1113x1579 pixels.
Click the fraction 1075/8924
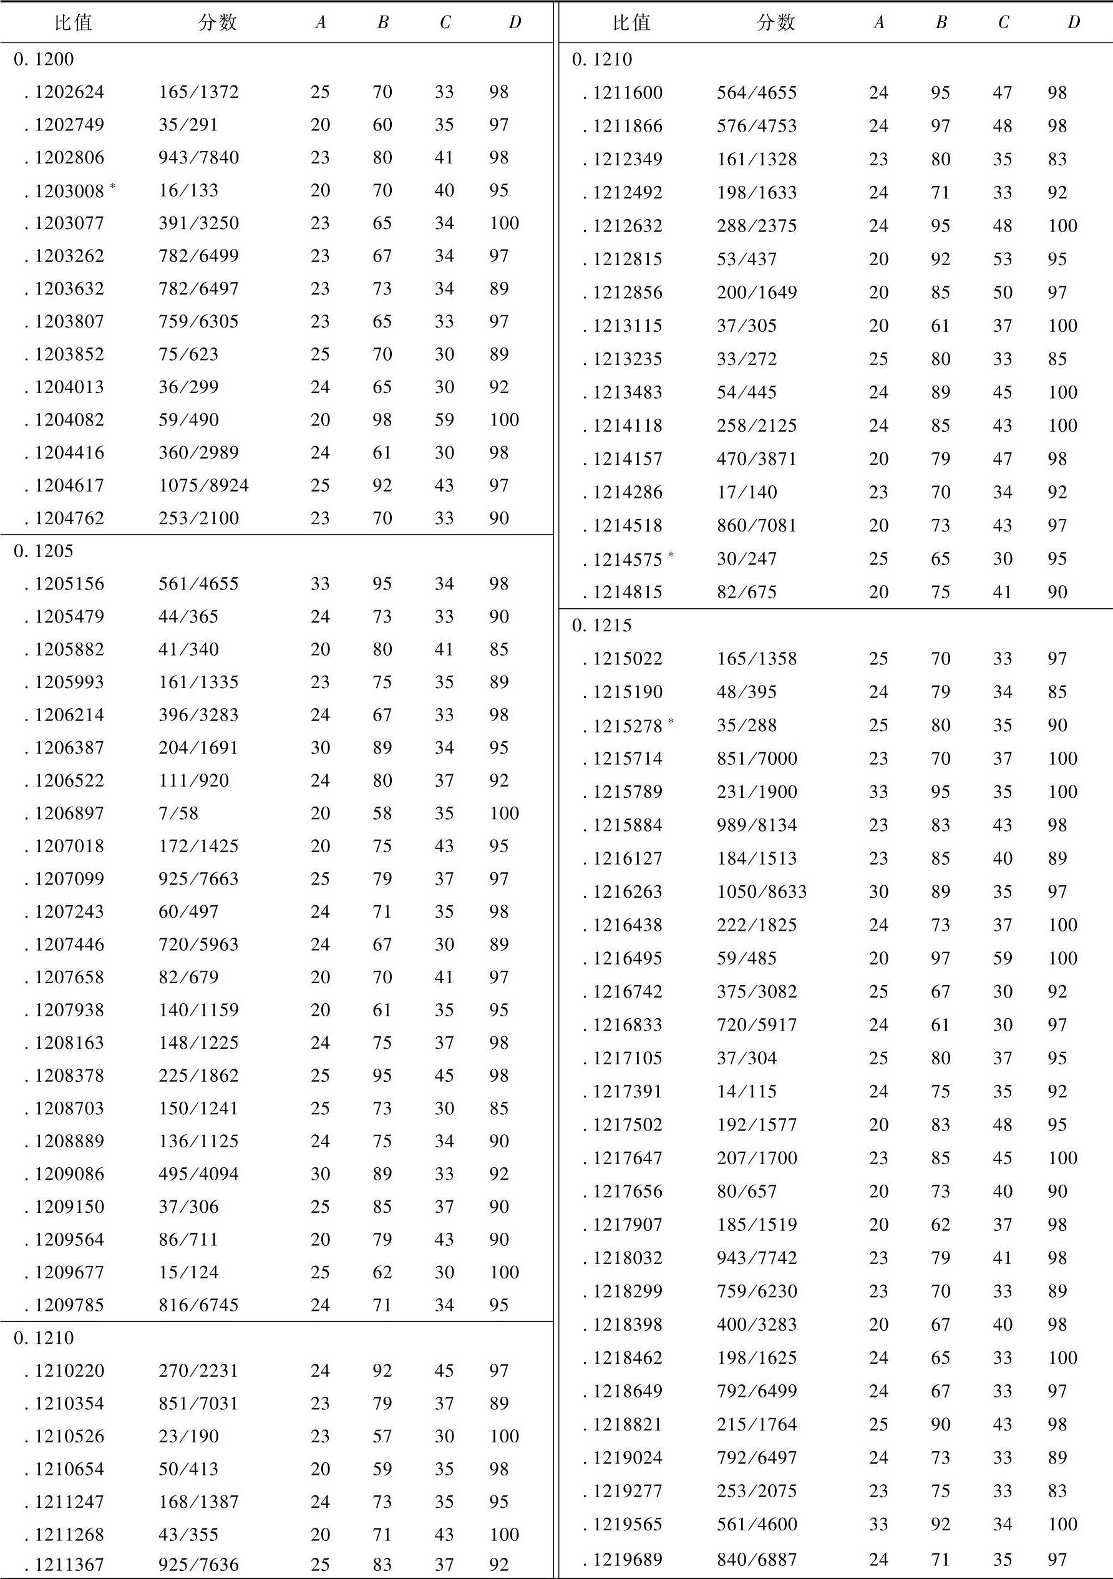click(x=203, y=485)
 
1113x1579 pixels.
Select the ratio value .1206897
click(x=65, y=813)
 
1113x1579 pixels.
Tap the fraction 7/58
click(x=178, y=813)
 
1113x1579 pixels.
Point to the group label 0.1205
click(x=43, y=551)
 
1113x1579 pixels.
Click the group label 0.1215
click(x=602, y=625)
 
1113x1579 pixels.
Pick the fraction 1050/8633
click(x=762, y=892)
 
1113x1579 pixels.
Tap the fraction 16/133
click(x=188, y=190)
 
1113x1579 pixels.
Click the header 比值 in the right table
click(x=631, y=22)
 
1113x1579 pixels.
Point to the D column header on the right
click(x=1073, y=22)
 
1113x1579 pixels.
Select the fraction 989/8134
click(x=757, y=825)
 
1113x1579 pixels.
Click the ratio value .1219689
click(x=623, y=1559)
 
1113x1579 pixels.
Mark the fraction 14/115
click(x=746, y=1091)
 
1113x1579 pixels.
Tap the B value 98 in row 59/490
click(x=382, y=419)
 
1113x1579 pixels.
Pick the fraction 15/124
click(x=188, y=1272)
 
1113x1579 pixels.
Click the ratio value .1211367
click(x=65, y=1565)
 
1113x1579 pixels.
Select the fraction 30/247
click(x=746, y=558)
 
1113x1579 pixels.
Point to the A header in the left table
click(x=321, y=22)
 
